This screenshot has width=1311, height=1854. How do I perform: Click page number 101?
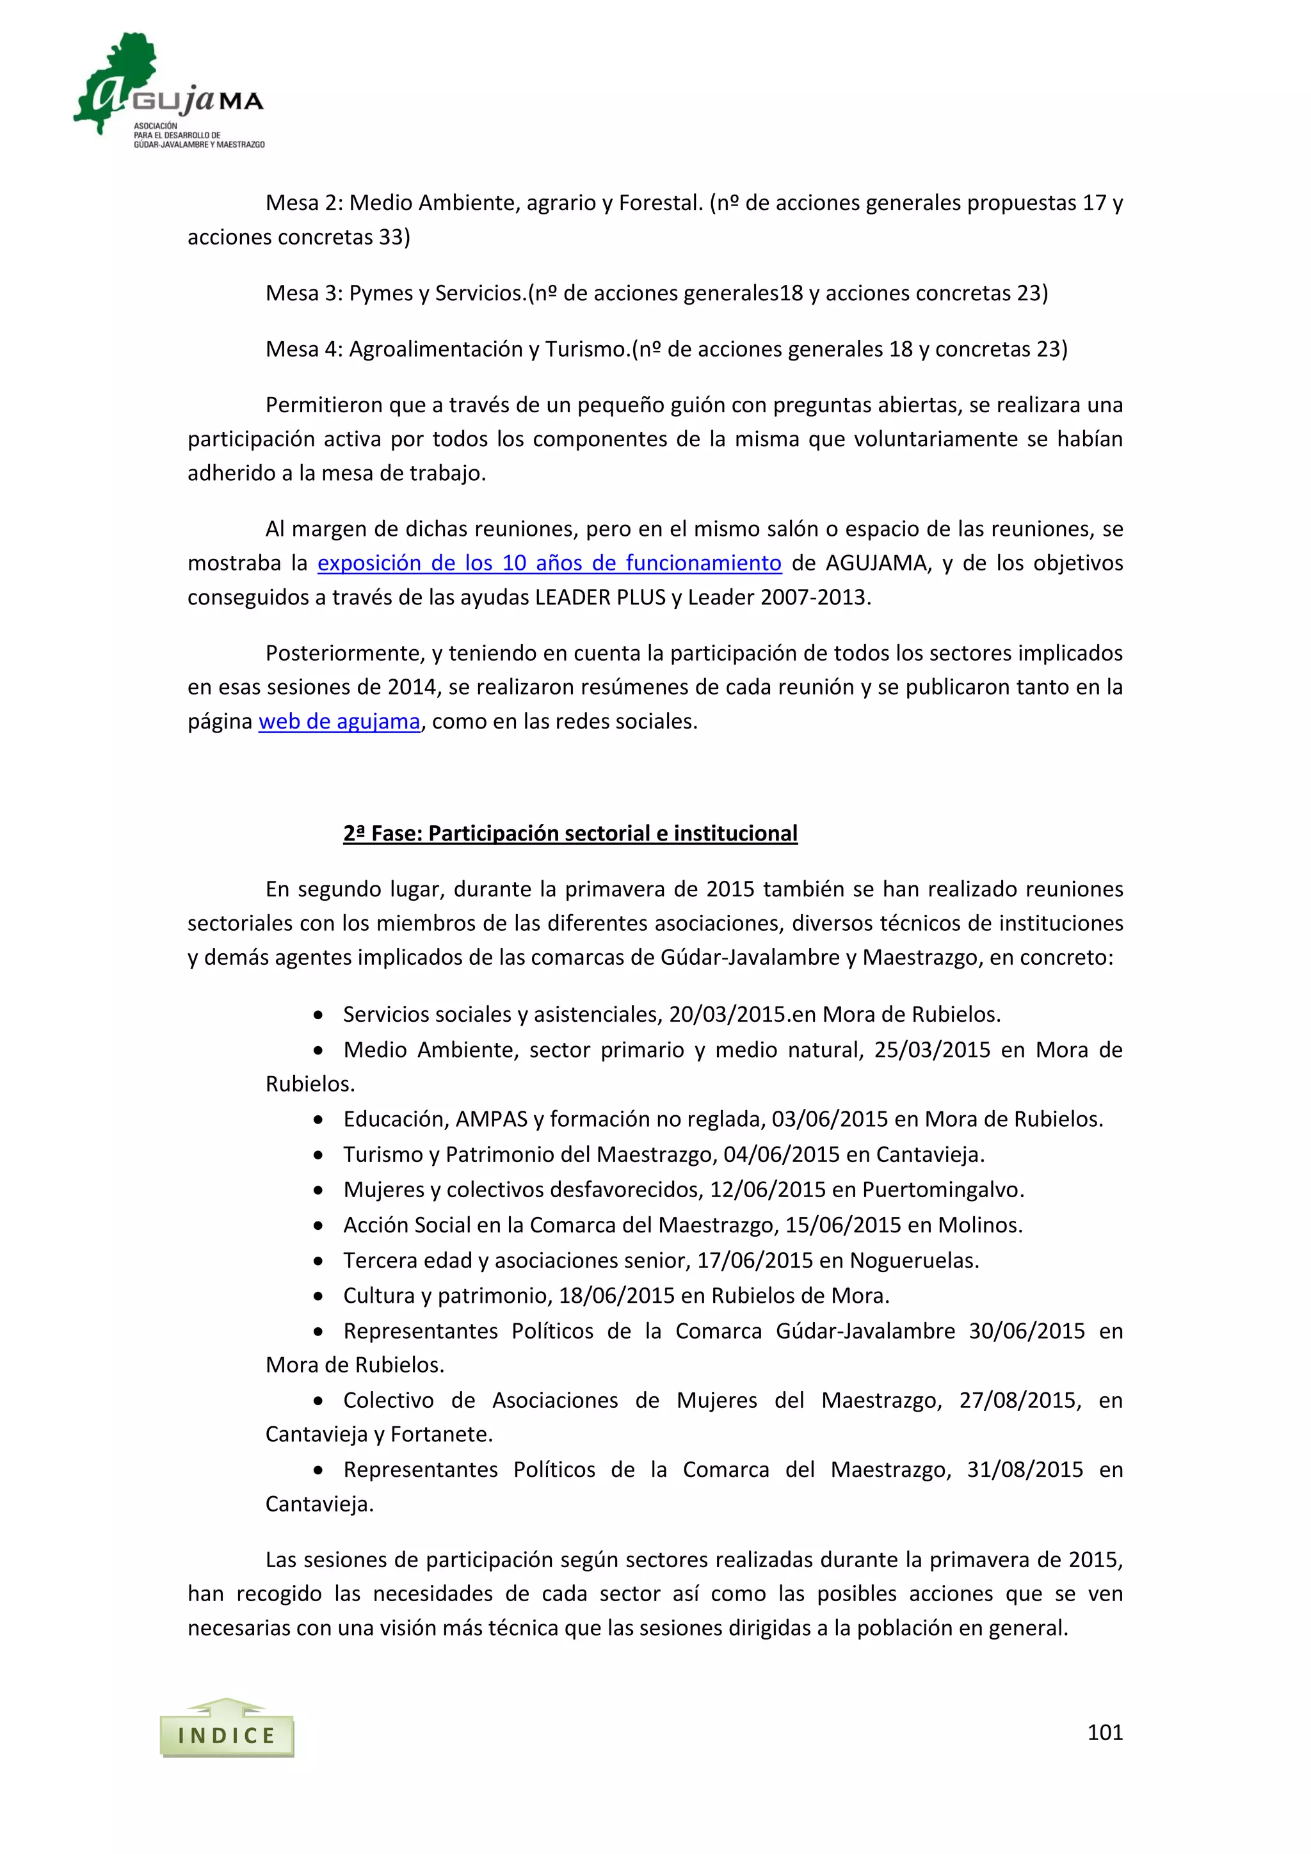coord(1104,1732)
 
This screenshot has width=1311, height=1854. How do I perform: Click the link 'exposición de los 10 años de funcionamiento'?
coord(549,563)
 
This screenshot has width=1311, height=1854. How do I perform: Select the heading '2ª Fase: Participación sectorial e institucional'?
coord(570,834)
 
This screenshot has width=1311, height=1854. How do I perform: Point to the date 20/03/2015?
coord(727,1014)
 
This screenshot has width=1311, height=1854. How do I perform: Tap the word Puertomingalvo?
coord(942,1189)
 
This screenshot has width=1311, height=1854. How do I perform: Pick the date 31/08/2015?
coord(1024,1470)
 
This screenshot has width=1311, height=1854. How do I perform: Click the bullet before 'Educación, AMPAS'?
coord(319,1119)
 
